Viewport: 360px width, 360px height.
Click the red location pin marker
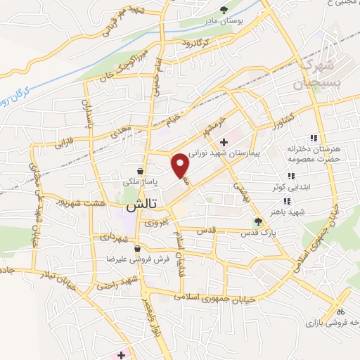[x=181, y=165]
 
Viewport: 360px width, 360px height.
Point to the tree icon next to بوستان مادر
[x=224, y=10]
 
